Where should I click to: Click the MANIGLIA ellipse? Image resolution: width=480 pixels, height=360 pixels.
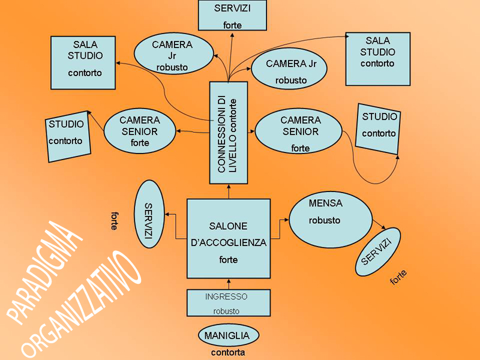point(228,335)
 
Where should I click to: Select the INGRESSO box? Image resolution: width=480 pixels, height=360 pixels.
point(228,303)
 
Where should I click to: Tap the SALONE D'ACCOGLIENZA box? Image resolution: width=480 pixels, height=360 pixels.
point(228,239)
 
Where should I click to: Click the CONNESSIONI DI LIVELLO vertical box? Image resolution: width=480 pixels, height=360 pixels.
point(229,132)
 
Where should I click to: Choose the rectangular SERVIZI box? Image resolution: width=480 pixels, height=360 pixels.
point(232,15)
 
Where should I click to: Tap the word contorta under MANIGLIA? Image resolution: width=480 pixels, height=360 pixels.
point(228,353)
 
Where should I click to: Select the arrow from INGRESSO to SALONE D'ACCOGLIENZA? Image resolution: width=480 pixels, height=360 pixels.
point(229,284)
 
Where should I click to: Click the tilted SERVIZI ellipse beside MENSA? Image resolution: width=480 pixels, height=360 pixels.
point(377,252)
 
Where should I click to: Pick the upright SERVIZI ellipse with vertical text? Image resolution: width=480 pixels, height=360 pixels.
point(151,214)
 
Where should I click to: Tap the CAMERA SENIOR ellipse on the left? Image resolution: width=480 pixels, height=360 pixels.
point(139,130)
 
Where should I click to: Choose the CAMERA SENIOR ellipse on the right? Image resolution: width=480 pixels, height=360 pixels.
point(298,131)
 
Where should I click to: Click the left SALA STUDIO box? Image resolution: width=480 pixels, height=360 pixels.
point(83,62)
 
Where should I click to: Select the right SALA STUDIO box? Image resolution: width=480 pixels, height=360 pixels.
point(377,58)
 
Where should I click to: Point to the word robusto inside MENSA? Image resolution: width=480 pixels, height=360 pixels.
point(325,221)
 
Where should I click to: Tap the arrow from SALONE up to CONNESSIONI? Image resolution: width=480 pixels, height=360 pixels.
point(229,191)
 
